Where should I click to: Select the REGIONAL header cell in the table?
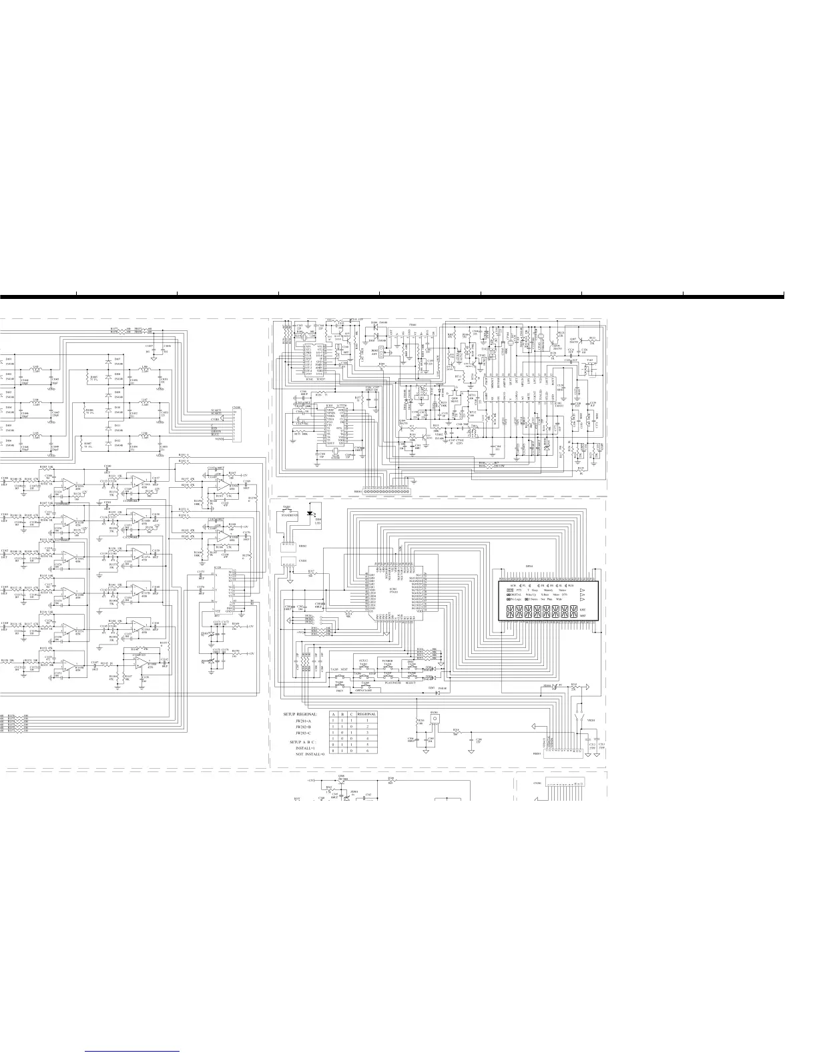tap(366, 713)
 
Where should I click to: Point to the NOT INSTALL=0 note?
tap(310, 753)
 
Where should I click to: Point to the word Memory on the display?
tap(548, 590)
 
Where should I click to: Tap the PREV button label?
tap(339, 691)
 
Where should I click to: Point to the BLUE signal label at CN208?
tap(216, 435)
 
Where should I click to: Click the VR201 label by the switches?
tap(590, 721)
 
